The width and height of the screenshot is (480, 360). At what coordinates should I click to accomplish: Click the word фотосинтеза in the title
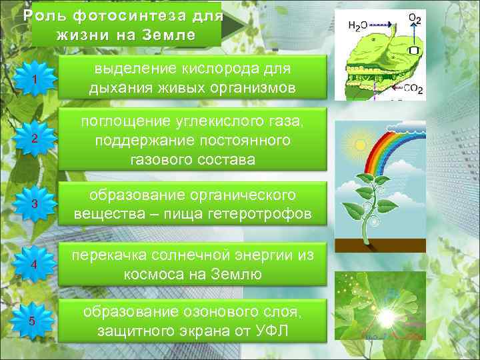click(124, 15)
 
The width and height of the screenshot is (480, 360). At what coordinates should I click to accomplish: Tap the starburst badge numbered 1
click(33, 80)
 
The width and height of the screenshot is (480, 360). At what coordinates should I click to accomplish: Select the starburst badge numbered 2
click(33, 138)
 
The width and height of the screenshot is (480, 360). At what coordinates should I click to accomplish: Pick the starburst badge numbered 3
click(33, 203)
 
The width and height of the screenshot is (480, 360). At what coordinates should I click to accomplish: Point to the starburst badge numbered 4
click(33, 265)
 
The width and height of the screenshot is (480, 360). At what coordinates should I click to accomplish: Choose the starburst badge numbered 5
click(33, 322)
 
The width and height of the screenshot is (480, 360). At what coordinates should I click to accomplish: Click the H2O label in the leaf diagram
click(359, 25)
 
